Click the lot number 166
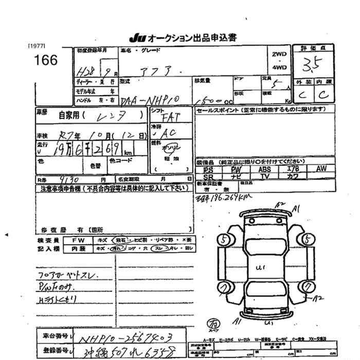[x=46, y=60]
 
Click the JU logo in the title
[x=137, y=39]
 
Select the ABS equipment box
[x=264, y=169]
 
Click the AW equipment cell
[x=321, y=169]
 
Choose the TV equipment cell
[x=264, y=176]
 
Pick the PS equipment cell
[x=208, y=169]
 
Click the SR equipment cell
[x=208, y=176]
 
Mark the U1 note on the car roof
[x=261, y=267]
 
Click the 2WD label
[x=279, y=55]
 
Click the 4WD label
[x=279, y=68]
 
